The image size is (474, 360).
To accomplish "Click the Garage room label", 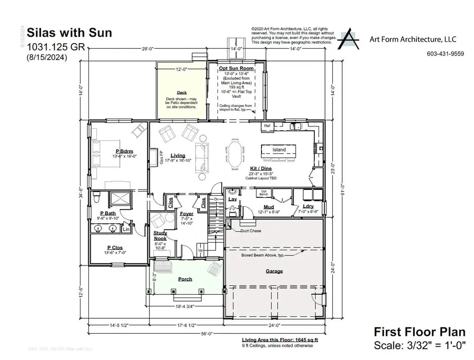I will [x=274, y=272].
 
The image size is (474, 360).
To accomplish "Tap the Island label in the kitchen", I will [x=279, y=150].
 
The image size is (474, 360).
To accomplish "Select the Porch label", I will [x=185, y=279].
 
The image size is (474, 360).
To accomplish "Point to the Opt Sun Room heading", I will [x=236, y=69].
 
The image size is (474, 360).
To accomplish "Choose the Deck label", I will [x=181, y=93].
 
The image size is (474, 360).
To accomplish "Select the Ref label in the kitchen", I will [x=267, y=126].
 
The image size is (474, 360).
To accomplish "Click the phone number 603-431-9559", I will [x=445, y=54].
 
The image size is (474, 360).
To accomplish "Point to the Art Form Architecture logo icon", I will [x=349, y=39].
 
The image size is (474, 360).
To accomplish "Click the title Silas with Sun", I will [x=69, y=33].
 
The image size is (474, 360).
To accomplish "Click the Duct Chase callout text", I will [x=250, y=230].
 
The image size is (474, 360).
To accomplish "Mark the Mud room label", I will [x=269, y=207].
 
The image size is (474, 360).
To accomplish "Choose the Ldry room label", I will [x=308, y=207].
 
